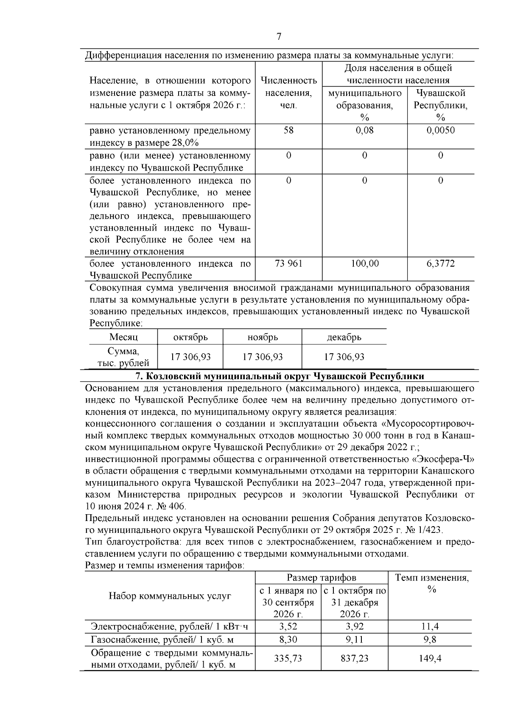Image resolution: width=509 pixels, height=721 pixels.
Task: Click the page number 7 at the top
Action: click(279, 37)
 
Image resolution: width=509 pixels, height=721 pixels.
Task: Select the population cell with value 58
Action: click(288, 130)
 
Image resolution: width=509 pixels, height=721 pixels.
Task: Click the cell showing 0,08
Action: click(364, 130)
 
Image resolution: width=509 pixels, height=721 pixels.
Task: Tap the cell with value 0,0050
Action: click(440, 130)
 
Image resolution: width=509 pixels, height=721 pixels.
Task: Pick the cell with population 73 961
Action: click(288, 264)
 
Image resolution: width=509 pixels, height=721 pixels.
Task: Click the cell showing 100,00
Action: click(364, 264)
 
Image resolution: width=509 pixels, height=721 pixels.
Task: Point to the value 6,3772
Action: click(440, 264)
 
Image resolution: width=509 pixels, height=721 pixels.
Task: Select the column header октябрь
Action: click(190, 337)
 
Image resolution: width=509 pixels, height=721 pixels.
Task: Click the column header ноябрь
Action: click(263, 337)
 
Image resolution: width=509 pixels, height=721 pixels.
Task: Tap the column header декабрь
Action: click(344, 337)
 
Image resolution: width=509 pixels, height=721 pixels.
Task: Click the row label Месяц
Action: click(123, 337)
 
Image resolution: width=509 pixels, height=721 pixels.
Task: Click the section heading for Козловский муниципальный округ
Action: click(279, 376)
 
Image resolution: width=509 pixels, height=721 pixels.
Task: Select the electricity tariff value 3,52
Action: click(288, 626)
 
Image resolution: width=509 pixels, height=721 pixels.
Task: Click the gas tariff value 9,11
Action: click(355, 639)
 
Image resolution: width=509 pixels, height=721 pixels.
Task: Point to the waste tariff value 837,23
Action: click(355, 658)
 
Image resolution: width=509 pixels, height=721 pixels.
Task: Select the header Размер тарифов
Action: click(321, 577)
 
